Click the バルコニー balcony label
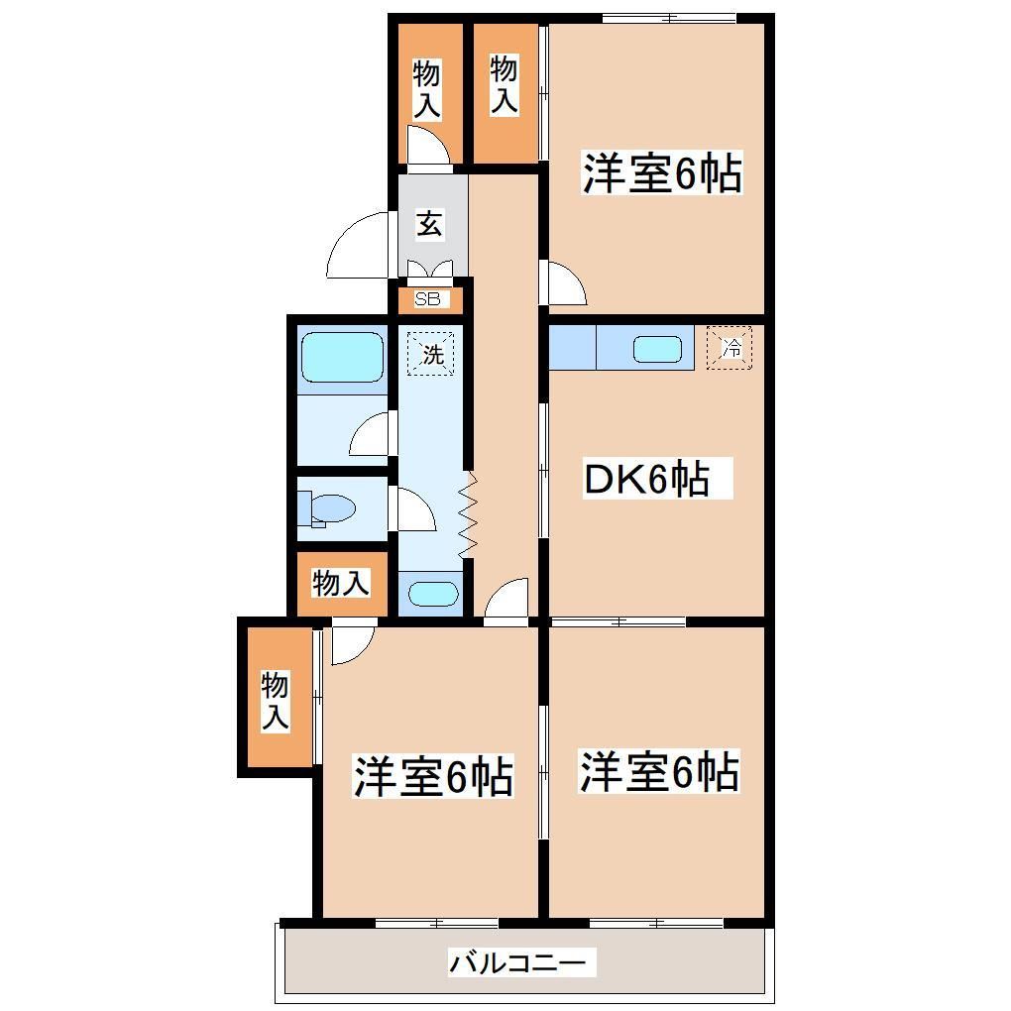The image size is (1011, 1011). tap(521, 961)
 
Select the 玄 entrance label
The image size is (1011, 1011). tap(428, 224)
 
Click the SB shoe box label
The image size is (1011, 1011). tap(426, 297)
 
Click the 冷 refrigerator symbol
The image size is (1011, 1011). tap(730, 348)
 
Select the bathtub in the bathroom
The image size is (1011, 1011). tap(341, 357)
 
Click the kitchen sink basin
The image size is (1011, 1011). tap(656, 349)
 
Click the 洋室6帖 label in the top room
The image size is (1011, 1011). tap(661, 174)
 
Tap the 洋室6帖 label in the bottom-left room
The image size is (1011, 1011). tap(433, 776)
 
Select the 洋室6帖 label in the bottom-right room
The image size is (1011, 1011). tap(659, 771)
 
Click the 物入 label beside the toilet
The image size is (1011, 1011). tap(341, 584)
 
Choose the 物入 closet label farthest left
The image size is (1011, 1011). tap(275, 702)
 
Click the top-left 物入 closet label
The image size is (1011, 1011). tap(426, 89)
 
